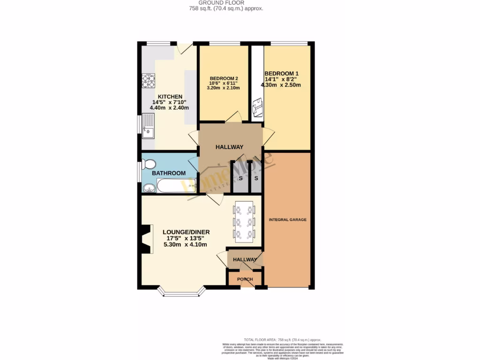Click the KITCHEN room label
tap(169, 97)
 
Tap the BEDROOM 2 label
tap(224, 78)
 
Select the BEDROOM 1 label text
tap(281, 74)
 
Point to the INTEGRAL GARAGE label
tap(287, 219)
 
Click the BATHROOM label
tap(169, 173)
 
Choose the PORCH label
tap(245, 279)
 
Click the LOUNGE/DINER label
tap(186, 232)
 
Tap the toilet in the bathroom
tap(149, 165)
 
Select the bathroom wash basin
tap(150, 188)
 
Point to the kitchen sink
tap(149, 127)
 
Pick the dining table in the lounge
tap(244, 222)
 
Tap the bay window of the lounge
tap(182, 293)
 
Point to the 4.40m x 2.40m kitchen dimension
tap(169, 108)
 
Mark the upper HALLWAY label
tap(229, 147)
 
